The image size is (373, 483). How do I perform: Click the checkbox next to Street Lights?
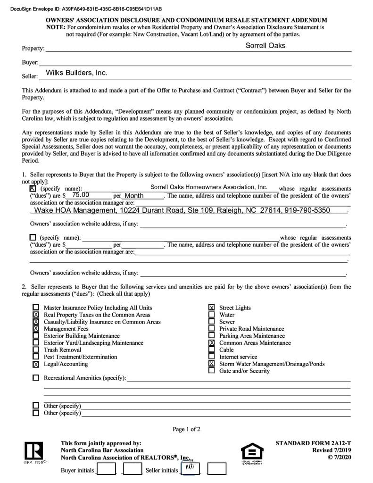pyautogui.click(x=212, y=308)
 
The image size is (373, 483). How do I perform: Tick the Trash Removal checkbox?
pyautogui.click(x=36, y=350)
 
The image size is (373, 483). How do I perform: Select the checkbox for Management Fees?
pyautogui.click(x=36, y=329)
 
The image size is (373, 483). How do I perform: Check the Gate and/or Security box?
pyautogui.click(x=212, y=371)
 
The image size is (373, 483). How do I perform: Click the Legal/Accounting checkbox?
pyautogui.click(x=36, y=364)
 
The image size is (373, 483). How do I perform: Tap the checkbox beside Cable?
pyautogui.click(x=212, y=350)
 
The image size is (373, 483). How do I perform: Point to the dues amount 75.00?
pyautogui.click(x=81, y=195)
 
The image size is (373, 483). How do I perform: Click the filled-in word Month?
pyautogui.click(x=134, y=196)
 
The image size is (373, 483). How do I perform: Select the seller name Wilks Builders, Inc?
pyautogui.click(x=76, y=73)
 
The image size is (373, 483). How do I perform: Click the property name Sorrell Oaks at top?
pyautogui.click(x=265, y=46)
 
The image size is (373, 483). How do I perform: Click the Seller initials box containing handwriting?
pyautogui.click(x=191, y=469)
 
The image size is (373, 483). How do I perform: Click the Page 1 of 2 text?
pyautogui.click(x=186, y=429)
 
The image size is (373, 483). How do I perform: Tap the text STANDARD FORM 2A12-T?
pyautogui.click(x=313, y=443)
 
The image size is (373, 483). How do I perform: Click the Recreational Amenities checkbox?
pyautogui.click(x=36, y=378)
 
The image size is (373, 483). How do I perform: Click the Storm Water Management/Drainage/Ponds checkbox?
pyautogui.click(x=212, y=364)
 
